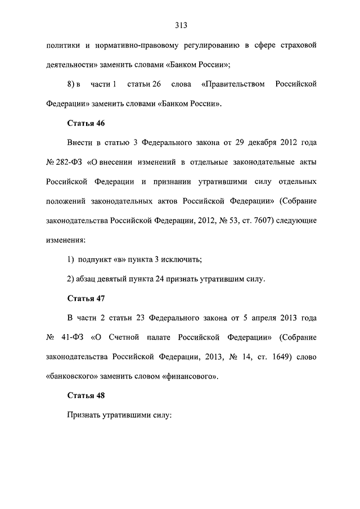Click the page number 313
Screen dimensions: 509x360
point(180,25)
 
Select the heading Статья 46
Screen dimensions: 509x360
point(87,123)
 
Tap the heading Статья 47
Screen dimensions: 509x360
point(87,298)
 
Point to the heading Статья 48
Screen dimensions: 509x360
point(87,395)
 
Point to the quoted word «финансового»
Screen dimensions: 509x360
point(190,376)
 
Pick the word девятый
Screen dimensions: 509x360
point(113,278)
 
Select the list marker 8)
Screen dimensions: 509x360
point(71,84)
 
